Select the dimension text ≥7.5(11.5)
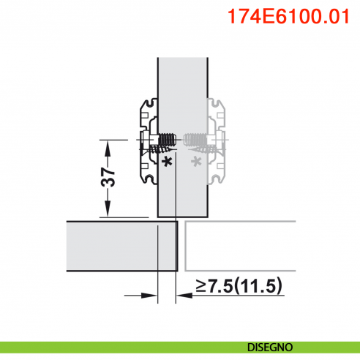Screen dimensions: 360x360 click(x=239, y=285)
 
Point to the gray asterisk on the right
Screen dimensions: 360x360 click(x=195, y=160)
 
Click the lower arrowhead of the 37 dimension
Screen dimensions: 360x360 click(x=109, y=211)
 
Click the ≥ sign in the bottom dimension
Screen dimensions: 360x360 click(x=200, y=286)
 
